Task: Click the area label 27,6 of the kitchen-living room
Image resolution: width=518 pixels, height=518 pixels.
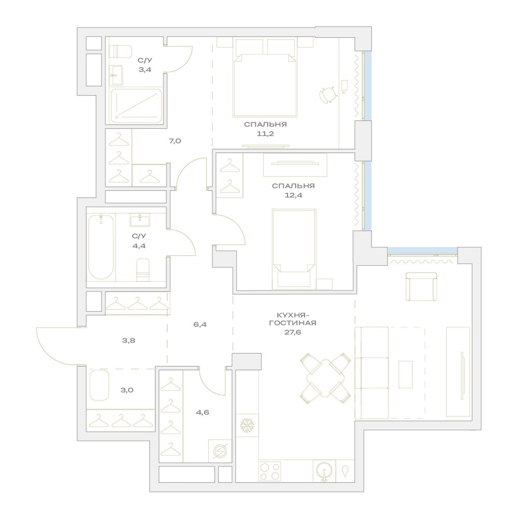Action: coord(292,333)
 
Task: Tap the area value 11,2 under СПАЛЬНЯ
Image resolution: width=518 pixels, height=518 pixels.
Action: coord(265,134)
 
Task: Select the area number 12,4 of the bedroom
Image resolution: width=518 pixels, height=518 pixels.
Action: coord(293,195)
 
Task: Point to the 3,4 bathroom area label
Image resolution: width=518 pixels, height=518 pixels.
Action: coord(145,69)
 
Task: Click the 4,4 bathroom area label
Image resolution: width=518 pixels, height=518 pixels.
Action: coord(139,246)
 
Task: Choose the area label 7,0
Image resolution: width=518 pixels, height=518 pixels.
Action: coord(175,141)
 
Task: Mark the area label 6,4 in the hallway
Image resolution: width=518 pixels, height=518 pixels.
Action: coord(200,324)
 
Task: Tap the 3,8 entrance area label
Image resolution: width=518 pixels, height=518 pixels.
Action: coord(128,340)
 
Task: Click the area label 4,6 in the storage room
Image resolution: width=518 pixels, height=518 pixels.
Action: coord(202,412)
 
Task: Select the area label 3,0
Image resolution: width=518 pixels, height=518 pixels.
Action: coord(127,390)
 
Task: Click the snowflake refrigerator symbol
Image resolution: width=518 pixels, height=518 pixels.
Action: coord(247,425)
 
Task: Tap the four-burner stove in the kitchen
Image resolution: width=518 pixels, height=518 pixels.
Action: coord(270,471)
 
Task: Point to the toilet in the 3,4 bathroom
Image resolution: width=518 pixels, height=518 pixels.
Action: coord(121,51)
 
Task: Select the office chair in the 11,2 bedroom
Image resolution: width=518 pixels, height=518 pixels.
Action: coord(328,94)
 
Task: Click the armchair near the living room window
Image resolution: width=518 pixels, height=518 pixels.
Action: coord(421,286)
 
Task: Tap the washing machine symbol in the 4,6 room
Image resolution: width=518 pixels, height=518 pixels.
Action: coord(220,451)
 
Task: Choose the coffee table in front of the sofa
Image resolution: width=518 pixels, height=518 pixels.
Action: coord(406,375)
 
